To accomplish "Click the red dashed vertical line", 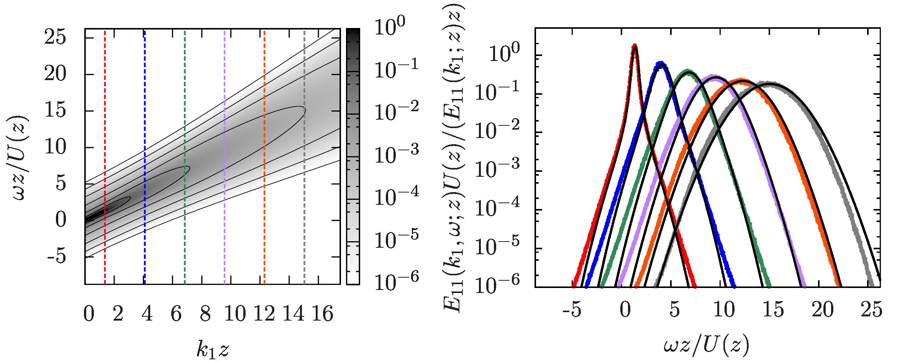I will (105, 153).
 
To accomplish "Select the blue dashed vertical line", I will (144, 153).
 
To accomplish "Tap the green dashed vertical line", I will (185, 153).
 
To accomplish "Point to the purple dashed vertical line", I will (225, 153).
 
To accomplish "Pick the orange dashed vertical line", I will (264, 153).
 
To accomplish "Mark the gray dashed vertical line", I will (304, 153).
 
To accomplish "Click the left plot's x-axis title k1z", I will (213, 349).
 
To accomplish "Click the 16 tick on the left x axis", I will (323, 314).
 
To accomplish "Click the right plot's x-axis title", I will (706, 346).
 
